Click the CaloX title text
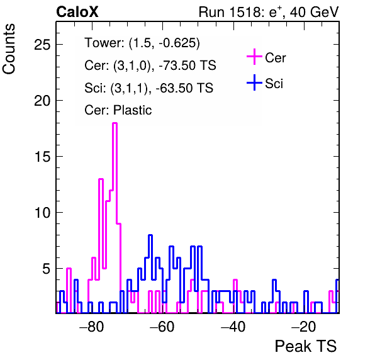77,12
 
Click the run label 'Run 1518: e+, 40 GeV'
269,12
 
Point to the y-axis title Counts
9,49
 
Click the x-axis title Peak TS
306,346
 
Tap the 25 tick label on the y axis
42,45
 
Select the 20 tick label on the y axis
42,101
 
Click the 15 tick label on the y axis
42,157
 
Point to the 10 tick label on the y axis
42,213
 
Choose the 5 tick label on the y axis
47,269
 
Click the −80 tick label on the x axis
92,327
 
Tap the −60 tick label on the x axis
162,327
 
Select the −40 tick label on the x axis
233,327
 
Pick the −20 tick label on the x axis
304,327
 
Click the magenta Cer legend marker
254,57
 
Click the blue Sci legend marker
254,83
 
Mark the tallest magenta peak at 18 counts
115,123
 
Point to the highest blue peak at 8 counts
150,235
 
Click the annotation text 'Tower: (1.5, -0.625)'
142,43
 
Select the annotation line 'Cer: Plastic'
118,110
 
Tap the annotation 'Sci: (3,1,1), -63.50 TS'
148,88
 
